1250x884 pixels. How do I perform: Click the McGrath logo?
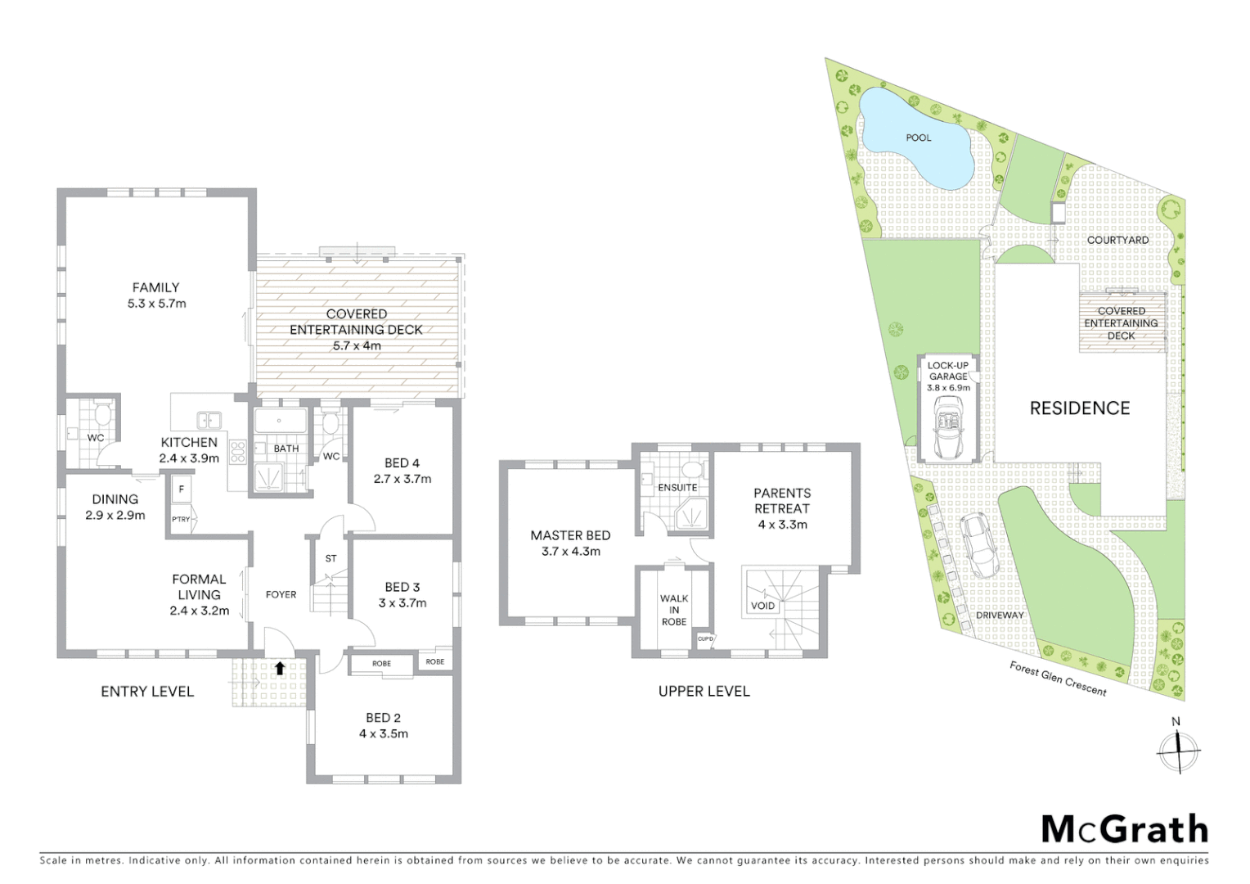click(x=1124, y=829)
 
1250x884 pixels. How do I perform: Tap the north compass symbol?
click(x=1178, y=750)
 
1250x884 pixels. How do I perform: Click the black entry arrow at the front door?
click(x=280, y=667)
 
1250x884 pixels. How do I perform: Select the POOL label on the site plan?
click(x=918, y=138)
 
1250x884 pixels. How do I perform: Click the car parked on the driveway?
click(x=978, y=543)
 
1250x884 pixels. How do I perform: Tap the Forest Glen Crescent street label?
click(x=1058, y=679)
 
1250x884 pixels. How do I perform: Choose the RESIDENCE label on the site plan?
click(x=1079, y=408)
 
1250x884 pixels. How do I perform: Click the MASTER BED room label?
click(x=570, y=535)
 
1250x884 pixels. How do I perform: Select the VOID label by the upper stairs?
click(x=762, y=606)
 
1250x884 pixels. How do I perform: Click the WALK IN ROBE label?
click(x=674, y=610)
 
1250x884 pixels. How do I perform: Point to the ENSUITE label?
click(x=677, y=487)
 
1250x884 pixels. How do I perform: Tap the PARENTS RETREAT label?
click(x=782, y=500)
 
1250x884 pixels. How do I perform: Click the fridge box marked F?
click(x=181, y=489)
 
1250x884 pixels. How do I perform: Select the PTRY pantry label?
click(x=180, y=519)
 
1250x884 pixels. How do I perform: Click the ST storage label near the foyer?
click(x=330, y=558)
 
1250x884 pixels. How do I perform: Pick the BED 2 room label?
click(x=384, y=718)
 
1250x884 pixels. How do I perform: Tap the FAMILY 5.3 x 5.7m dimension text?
click(x=155, y=304)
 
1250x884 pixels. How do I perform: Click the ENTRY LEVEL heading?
click(x=147, y=692)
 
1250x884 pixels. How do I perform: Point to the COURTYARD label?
click(x=1117, y=240)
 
